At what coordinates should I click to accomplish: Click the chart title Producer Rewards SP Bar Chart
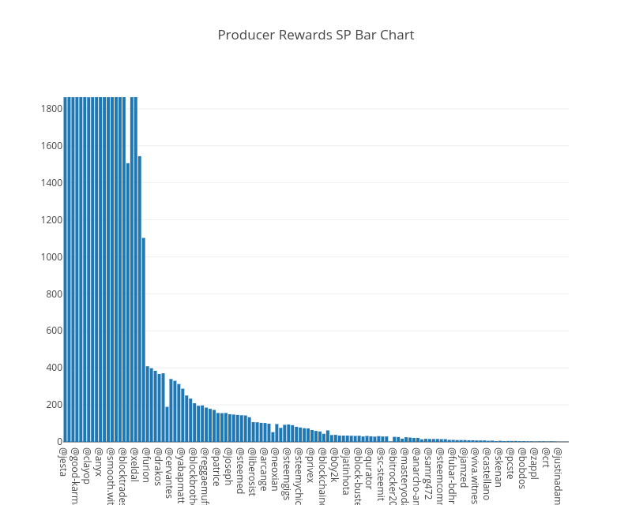point(316,35)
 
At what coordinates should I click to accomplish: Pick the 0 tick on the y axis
point(59,442)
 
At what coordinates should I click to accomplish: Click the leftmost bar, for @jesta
point(66,268)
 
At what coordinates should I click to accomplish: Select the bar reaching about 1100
point(144,339)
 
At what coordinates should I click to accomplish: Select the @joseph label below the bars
point(228,466)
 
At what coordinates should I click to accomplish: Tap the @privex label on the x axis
point(310,466)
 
